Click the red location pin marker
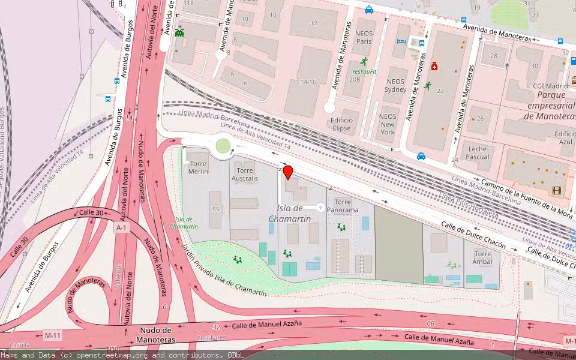(x=288, y=172)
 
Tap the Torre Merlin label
(x=198, y=167)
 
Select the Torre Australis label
(x=245, y=174)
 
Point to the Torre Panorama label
(x=343, y=206)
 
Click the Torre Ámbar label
(x=483, y=258)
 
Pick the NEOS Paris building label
(x=364, y=37)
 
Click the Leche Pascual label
(x=478, y=153)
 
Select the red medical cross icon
(x=433, y=68)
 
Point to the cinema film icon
(x=557, y=190)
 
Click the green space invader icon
(x=179, y=34)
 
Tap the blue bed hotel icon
(x=401, y=41)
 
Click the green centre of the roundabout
(x=223, y=145)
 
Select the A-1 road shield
(x=122, y=228)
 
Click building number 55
(x=215, y=209)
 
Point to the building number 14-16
(x=308, y=82)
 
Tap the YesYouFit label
(x=364, y=71)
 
